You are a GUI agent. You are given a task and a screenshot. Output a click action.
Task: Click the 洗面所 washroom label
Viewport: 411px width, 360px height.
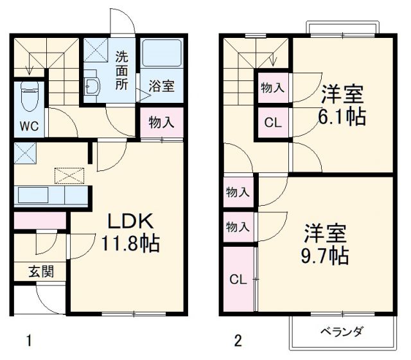click(121, 69)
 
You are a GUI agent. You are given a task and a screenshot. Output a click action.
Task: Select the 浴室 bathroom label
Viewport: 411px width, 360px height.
click(161, 86)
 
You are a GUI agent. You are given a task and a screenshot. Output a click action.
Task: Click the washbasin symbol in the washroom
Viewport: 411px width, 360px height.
click(92, 87)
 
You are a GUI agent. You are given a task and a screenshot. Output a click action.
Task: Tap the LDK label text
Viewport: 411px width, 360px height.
click(129, 222)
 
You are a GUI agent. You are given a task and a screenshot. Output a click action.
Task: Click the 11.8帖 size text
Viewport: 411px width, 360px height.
click(129, 244)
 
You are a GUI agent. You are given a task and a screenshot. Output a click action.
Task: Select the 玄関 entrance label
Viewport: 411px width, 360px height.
click(40, 271)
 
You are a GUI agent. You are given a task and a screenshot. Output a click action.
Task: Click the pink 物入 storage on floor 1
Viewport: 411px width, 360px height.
click(162, 122)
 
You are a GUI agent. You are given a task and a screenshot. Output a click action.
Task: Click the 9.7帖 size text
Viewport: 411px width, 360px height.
click(325, 255)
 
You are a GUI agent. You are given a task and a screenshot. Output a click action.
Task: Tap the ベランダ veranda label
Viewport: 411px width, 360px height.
click(342, 332)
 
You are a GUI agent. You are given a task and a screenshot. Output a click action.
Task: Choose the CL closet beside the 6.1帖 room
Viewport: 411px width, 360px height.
click(273, 122)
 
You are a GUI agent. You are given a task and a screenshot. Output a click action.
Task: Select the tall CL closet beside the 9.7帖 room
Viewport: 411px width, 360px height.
click(238, 280)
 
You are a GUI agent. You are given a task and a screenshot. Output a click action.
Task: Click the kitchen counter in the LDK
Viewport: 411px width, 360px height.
click(51, 195)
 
